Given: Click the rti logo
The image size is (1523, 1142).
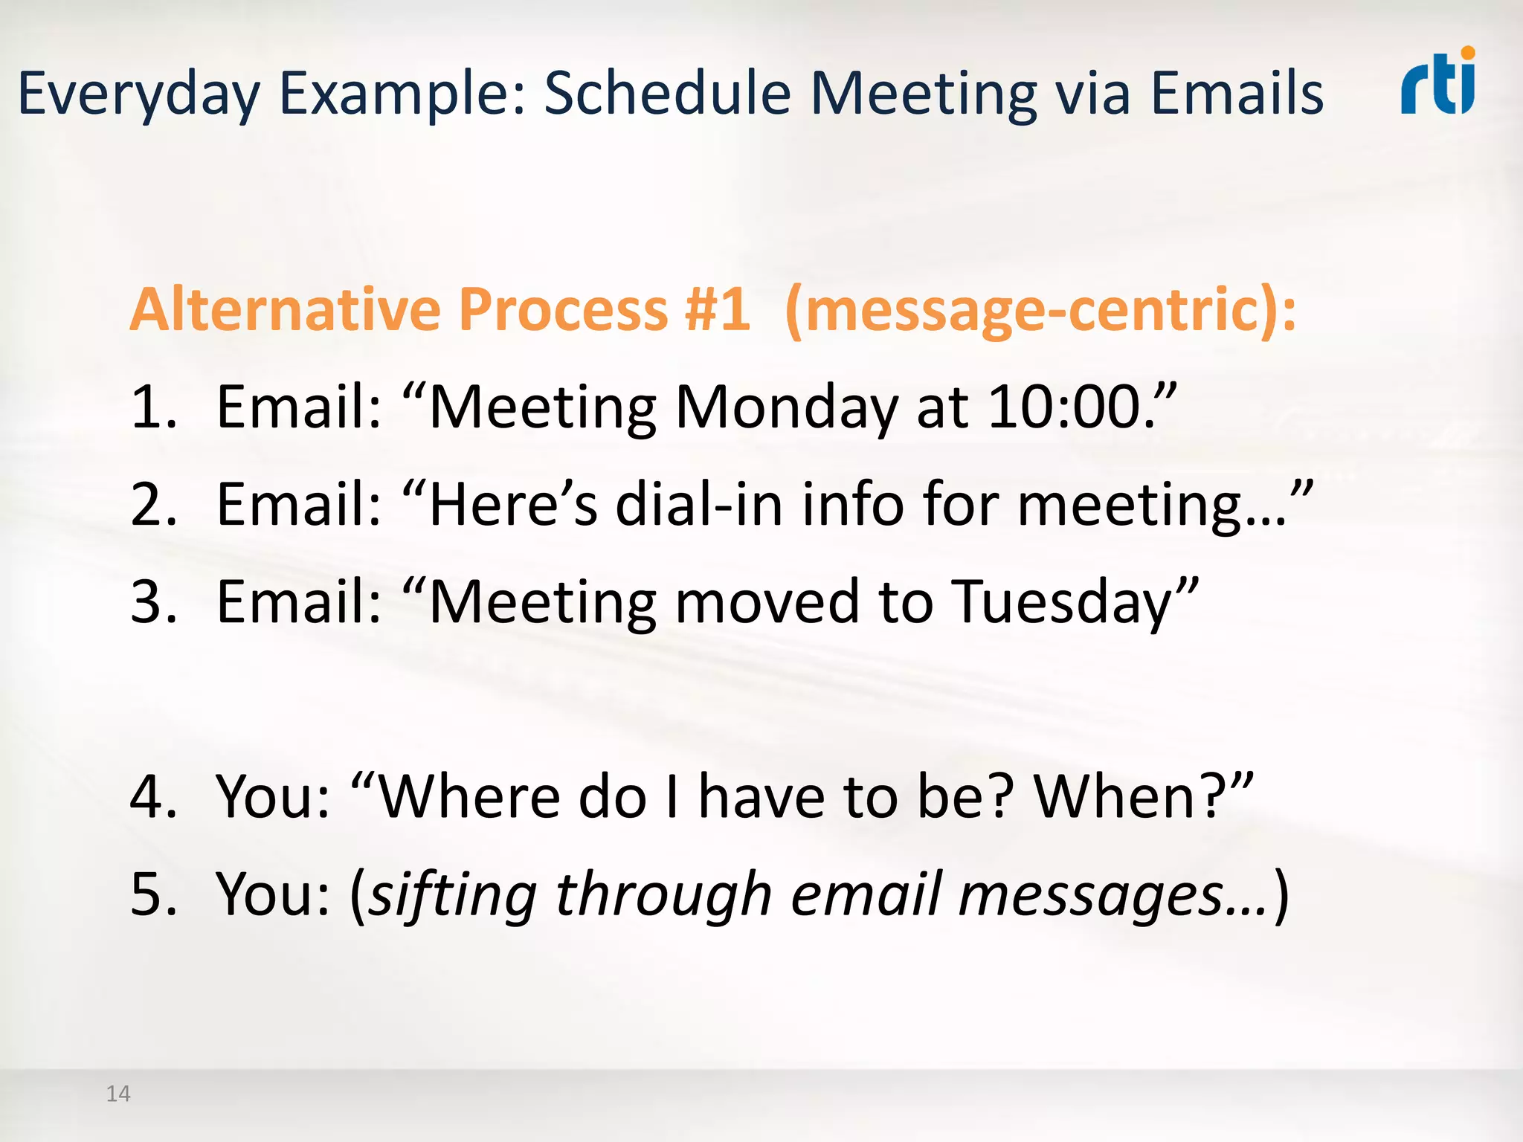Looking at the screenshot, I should pos(1438,82).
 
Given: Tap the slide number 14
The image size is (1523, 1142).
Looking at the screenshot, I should pos(118,1094).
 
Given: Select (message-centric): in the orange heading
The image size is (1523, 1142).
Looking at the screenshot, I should pos(1040,310).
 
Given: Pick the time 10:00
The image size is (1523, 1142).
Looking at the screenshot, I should pos(1071,407).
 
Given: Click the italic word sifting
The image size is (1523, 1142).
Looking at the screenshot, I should pos(452,895).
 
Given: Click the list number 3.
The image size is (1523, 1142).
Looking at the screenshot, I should pos(152,601).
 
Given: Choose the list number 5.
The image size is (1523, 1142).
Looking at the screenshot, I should pos(152,894).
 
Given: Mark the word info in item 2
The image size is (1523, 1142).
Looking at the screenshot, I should pos(852,504).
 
